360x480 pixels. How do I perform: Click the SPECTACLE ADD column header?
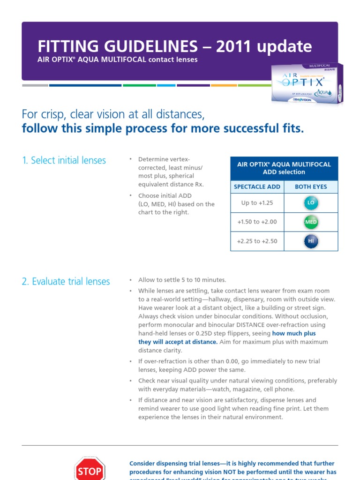click(257, 187)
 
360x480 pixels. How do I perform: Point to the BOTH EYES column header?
click(311, 187)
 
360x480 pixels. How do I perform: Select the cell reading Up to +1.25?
click(257, 203)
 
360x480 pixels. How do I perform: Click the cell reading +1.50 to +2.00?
click(257, 222)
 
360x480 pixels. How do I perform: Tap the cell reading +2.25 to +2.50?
click(257, 241)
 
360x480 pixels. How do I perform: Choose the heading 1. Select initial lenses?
click(64, 160)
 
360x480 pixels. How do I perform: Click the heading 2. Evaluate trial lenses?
click(66, 281)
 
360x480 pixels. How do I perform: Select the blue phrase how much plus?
click(294, 333)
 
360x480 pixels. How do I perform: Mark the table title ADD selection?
click(284, 172)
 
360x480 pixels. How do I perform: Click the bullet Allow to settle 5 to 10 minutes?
click(182, 280)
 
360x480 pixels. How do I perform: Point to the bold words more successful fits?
click(251, 129)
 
